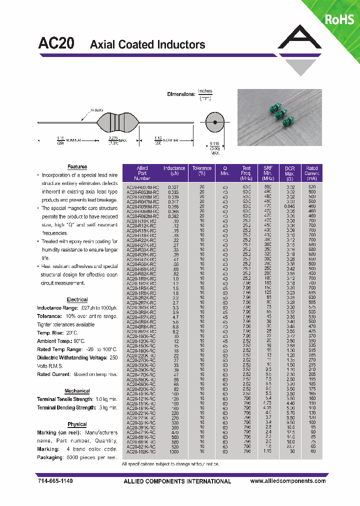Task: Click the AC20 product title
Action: pos(56,43)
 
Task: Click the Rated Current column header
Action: pos(312,173)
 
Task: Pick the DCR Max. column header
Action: pos(290,173)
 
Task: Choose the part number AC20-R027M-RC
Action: pos(142,186)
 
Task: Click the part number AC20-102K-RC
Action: pos(142,451)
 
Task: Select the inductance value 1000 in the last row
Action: pos(174,451)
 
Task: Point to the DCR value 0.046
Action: pos(290,205)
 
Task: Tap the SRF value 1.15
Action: pos(268,451)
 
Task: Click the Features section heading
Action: pos(77,166)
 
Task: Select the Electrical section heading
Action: pos(77,299)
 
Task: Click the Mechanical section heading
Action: pos(77,391)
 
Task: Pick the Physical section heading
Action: pos(77,424)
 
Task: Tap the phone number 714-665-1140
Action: pos(55,481)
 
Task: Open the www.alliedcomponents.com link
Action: pos(287,481)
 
